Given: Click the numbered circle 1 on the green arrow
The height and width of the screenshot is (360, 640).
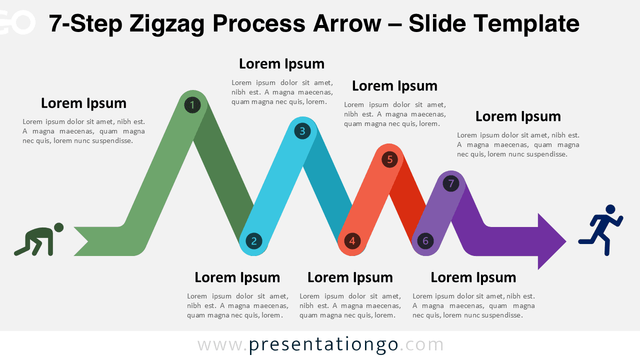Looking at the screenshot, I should [192, 105].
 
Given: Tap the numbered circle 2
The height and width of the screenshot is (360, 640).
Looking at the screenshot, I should [253, 241].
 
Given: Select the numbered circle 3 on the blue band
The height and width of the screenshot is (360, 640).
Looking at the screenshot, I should [302, 131].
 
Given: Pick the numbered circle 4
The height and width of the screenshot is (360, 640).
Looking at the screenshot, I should [352, 241].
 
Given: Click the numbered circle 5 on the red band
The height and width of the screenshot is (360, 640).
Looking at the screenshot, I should [389, 159].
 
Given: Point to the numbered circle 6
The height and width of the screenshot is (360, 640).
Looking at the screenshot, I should [425, 241].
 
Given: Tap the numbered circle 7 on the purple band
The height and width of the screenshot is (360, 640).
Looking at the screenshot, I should [451, 183].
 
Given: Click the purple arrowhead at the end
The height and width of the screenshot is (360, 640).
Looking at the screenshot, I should [550, 241].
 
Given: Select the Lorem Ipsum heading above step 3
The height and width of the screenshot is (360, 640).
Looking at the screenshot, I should [281, 64].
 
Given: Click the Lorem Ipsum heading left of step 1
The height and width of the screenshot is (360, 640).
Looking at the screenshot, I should [83, 103].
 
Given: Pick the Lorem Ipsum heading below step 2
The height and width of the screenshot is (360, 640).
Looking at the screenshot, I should [237, 277].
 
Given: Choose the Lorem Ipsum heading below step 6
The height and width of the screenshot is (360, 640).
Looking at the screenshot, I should [473, 277].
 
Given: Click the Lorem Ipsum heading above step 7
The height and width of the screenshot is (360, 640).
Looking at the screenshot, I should [518, 116].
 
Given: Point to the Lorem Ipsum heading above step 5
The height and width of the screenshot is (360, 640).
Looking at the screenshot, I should [394, 86].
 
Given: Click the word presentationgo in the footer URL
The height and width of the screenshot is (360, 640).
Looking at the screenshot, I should [323, 344].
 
